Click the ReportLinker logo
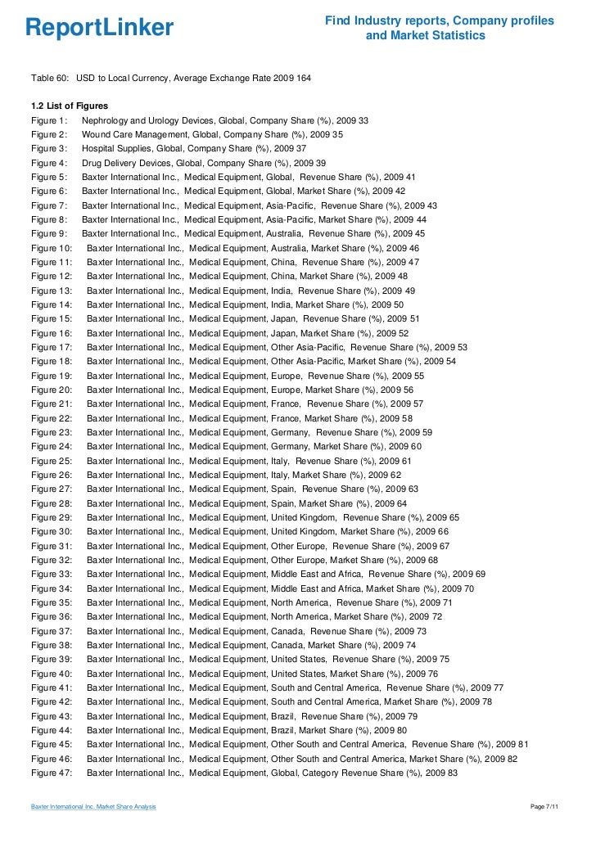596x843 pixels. coord(100,28)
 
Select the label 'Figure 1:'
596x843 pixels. coord(49,120)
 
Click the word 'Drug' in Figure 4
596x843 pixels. coord(92,163)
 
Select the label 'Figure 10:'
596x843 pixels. coord(52,248)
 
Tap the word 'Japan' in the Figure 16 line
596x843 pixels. coord(284,333)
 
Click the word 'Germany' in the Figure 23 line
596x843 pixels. coord(290,432)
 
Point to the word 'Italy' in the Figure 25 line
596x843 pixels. coord(280,461)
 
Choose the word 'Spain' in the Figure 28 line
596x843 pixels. coord(283,503)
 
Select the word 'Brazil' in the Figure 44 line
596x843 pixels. coord(283,730)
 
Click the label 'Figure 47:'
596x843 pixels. coord(52,773)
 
